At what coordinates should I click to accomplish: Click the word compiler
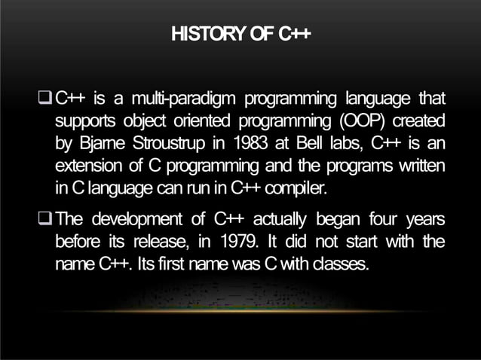pyautogui.click(x=293, y=187)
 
